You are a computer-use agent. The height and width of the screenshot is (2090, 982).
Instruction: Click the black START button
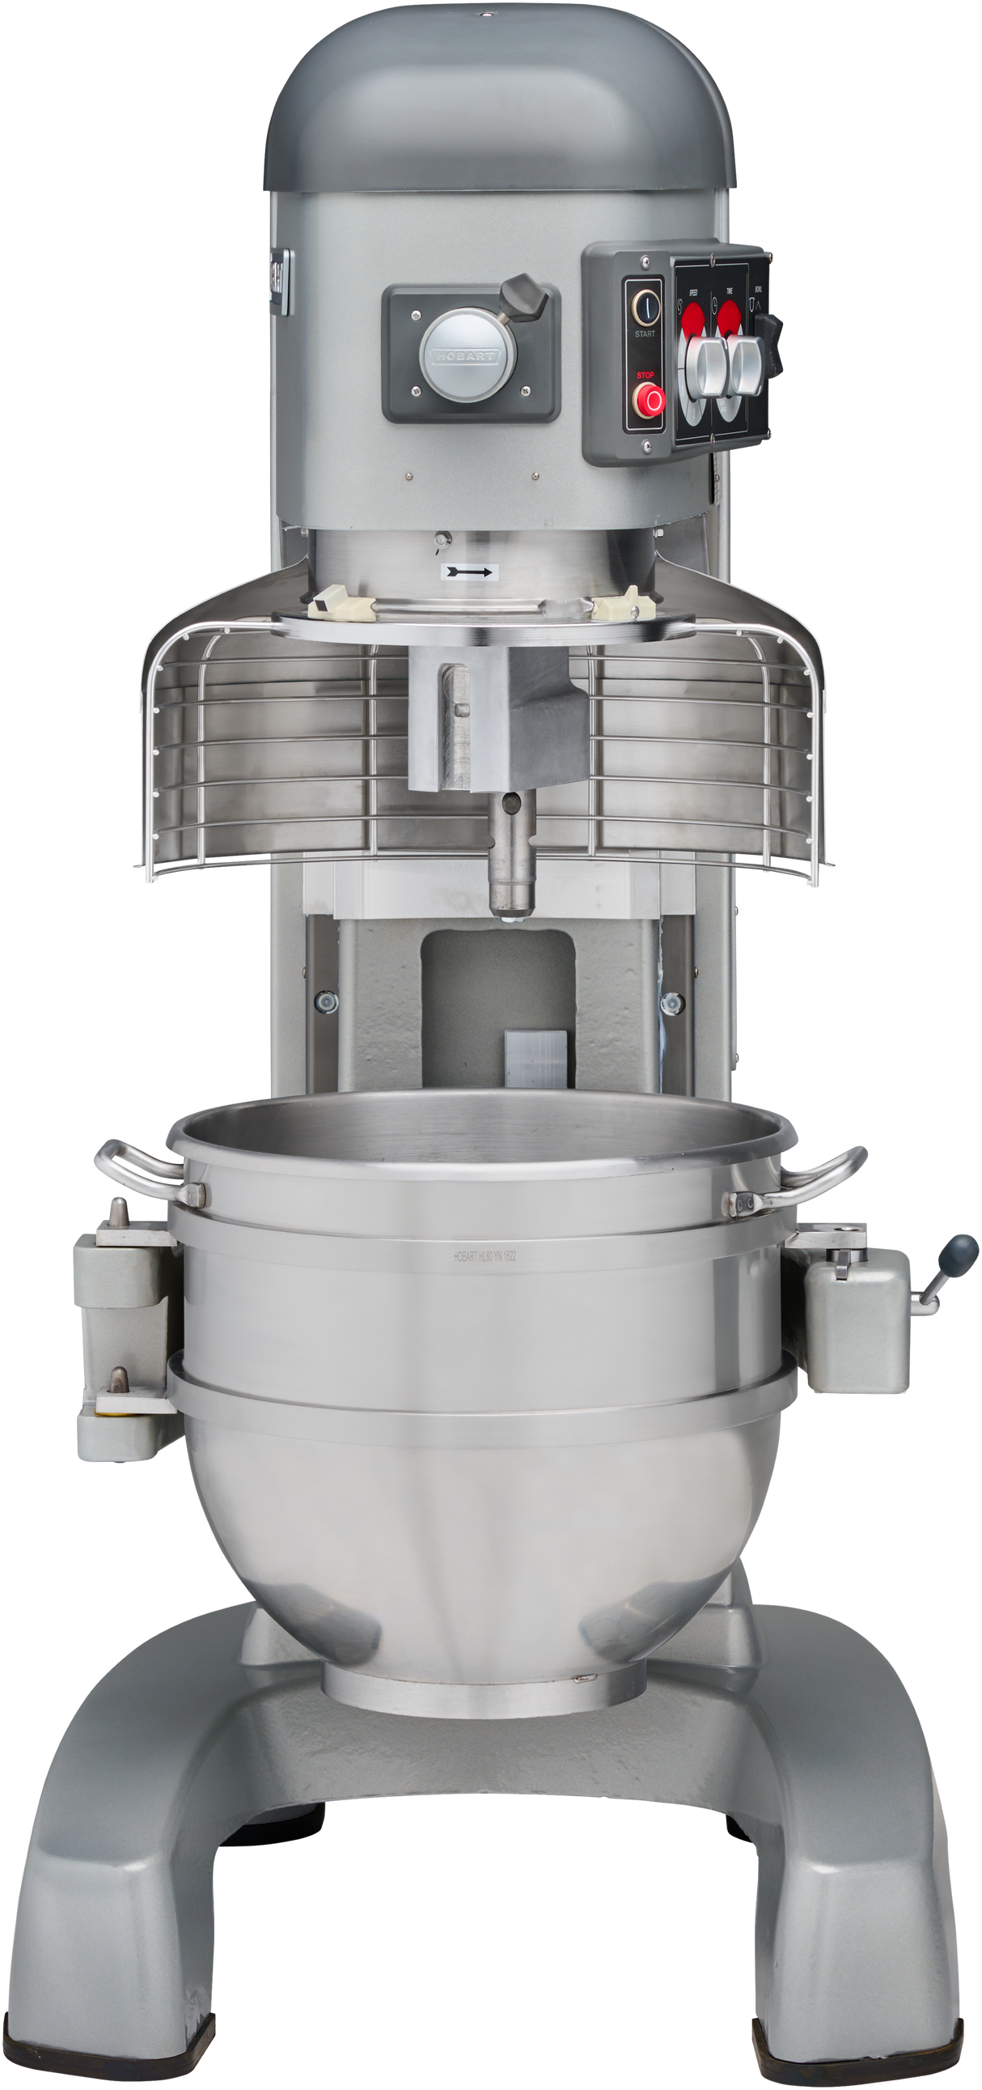(645, 305)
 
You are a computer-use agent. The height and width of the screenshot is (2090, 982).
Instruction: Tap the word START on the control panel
(645, 333)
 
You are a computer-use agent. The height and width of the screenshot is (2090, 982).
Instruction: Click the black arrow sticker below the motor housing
(469, 572)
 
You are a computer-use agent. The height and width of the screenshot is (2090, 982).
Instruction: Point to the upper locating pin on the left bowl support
(117, 1209)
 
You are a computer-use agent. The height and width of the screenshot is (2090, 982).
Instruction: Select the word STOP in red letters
(645, 375)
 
